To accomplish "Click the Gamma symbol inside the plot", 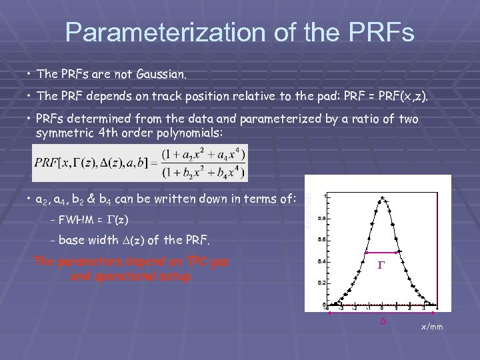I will coord(382,265).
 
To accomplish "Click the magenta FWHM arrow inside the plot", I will coord(382,253).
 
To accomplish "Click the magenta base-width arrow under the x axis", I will coord(382,313).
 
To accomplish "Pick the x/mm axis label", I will coord(431,327).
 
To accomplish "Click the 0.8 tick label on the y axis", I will coord(322,218).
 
